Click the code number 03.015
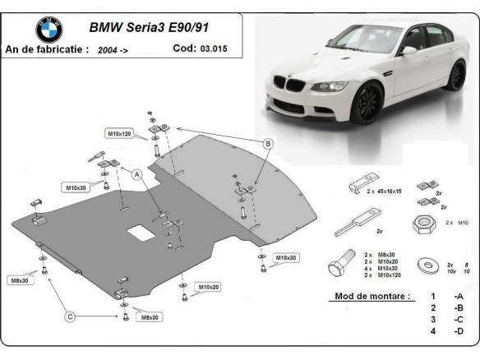[x=212, y=48]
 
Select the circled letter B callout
[x=267, y=144]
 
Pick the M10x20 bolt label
[x=209, y=287]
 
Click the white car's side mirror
[x=408, y=51]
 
